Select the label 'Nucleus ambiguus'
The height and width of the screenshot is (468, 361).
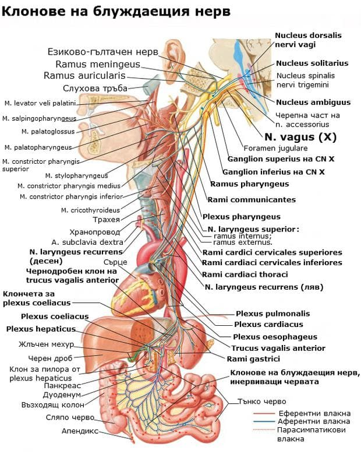coord(313,102)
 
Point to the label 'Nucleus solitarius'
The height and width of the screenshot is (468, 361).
coord(312,63)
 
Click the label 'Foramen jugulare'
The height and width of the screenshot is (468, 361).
coord(267,149)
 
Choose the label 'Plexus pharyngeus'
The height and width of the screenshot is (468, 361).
coord(236,217)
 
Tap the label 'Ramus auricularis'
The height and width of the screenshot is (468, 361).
coord(84,76)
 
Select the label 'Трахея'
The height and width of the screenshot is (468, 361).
coord(107,220)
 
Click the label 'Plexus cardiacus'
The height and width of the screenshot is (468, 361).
coord(268,325)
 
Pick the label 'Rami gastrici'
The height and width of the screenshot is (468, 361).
coord(253,358)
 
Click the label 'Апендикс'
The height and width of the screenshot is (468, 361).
coord(80,431)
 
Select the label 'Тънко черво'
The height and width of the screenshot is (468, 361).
coord(261,402)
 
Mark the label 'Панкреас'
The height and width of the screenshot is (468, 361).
coord(61,385)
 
